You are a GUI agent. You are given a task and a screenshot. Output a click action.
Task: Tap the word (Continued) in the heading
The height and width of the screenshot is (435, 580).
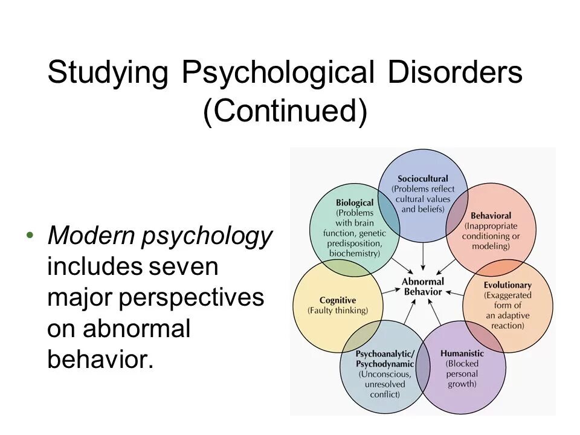(285, 112)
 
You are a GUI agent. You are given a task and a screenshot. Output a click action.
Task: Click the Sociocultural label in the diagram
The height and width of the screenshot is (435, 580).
(423, 179)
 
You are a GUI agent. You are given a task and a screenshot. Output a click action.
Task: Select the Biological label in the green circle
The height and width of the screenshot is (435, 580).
(355, 203)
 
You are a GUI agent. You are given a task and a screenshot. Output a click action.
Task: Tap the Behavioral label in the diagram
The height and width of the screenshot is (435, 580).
(491, 216)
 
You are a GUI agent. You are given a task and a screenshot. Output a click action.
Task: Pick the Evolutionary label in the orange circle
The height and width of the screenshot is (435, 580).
(507, 285)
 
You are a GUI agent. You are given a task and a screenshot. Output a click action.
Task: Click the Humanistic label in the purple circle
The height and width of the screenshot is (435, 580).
(462, 353)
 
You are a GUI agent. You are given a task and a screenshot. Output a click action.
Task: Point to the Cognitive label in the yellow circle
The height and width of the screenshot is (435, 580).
(338, 300)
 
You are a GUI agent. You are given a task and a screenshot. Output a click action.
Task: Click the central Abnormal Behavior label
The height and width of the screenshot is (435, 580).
(422, 286)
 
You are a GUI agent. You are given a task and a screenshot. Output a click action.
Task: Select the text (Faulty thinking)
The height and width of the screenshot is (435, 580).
(338, 311)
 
